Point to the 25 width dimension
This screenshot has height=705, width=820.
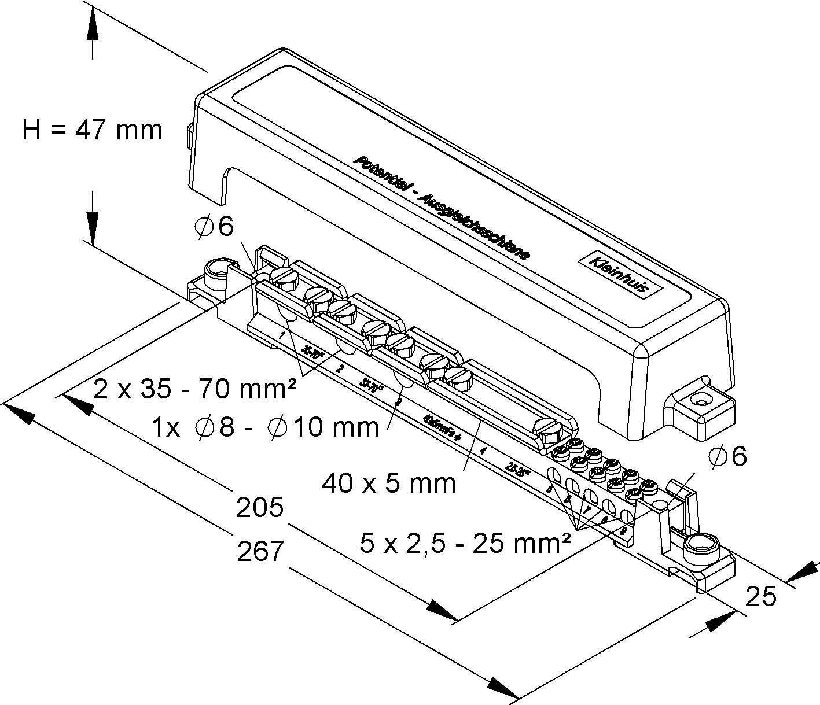pos(760,596)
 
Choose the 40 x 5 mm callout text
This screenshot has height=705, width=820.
pos(389,482)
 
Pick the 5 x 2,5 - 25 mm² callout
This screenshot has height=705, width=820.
pos(465,543)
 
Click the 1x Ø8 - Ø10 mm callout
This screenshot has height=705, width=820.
pos(265,427)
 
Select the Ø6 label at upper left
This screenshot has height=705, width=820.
pos(214,227)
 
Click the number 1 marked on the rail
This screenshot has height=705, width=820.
pos(282,335)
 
